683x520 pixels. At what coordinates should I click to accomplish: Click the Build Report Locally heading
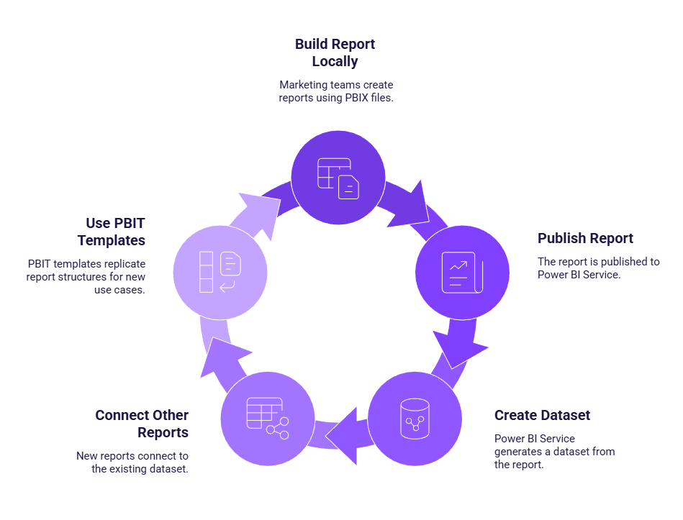click(x=335, y=53)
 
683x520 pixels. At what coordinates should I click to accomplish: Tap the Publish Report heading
click(x=585, y=238)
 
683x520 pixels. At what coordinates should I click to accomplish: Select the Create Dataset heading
click(x=542, y=415)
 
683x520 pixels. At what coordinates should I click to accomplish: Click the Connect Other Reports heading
click(x=142, y=424)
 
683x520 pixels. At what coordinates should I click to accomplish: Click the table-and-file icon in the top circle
click(x=338, y=178)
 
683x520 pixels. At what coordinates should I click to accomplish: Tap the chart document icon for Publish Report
click(x=462, y=273)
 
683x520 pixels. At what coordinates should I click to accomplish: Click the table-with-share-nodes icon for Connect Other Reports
click(x=267, y=418)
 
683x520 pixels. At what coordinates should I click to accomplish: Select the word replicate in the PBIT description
click(x=121, y=264)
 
